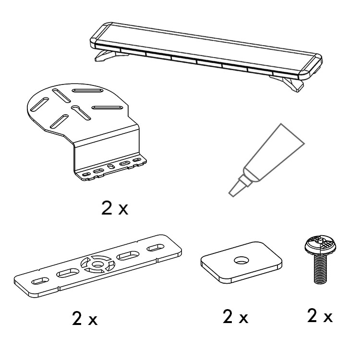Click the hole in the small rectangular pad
tap(241, 261)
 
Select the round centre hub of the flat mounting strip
tap(97, 264)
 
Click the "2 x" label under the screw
tap(320, 316)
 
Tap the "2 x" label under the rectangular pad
tap(235, 317)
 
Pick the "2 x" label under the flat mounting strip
tap(84, 318)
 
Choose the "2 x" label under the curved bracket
tap(115, 208)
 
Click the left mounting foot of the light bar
tap(108, 56)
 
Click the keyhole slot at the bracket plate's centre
tap(81, 112)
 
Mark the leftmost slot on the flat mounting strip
tap(40, 281)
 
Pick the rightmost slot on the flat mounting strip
tap(156, 248)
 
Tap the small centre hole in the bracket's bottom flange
tap(111, 167)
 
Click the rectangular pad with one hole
tap(241, 263)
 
